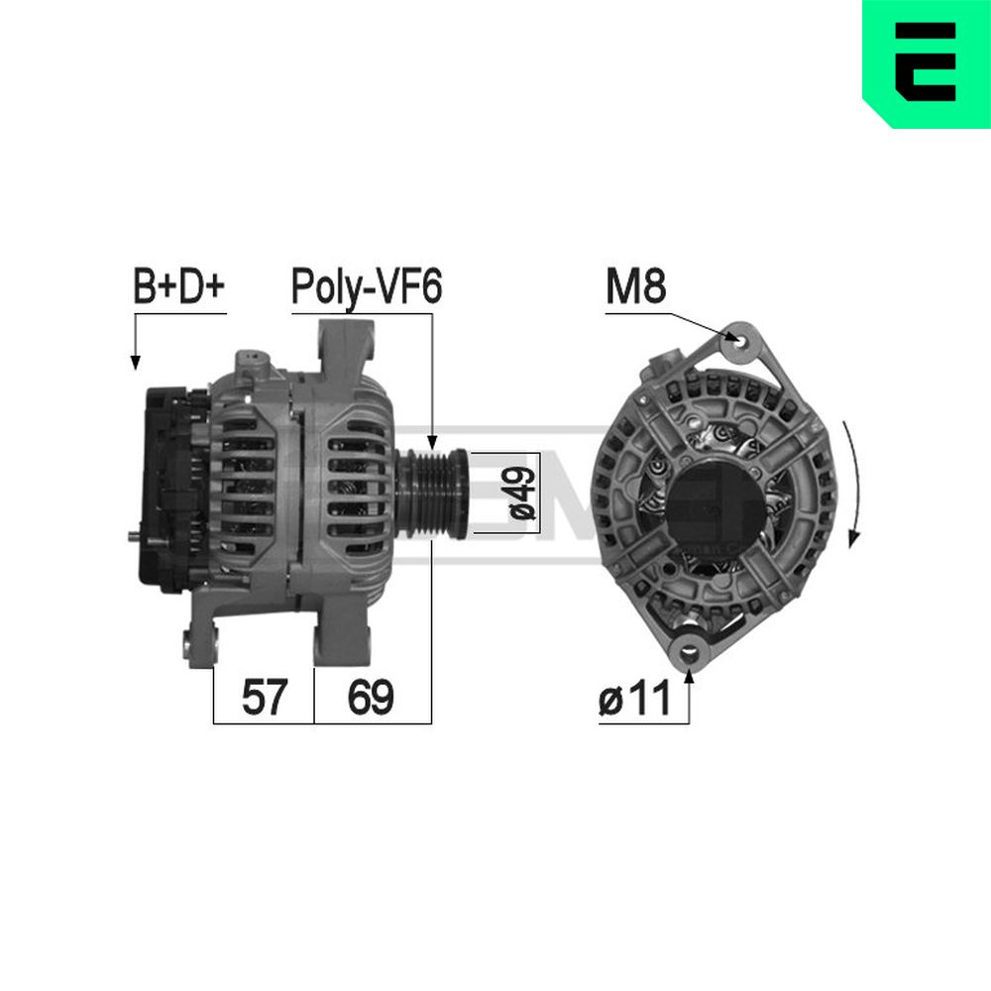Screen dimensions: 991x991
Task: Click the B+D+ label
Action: point(178,285)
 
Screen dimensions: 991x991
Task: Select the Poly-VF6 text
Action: point(367,287)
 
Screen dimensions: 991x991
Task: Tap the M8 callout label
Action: point(636,285)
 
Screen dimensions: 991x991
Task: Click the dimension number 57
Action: point(265,697)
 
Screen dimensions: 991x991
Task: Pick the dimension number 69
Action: point(371,697)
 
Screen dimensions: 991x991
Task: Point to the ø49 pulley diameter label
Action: point(522,494)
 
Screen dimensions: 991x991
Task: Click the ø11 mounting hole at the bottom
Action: point(690,650)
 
